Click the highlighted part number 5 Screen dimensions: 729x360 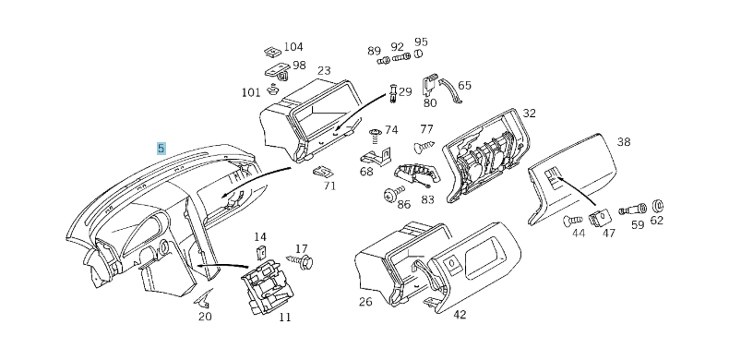pyautogui.click(x=161, y=149)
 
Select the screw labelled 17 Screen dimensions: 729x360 pyautogui.click(x=300, y=261)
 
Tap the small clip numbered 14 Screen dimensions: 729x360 pyautogui.click(x=261, y=253)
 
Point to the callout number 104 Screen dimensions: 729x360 pyautogui.click(x=293, y=47)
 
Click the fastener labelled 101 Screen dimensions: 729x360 pyautogui.click(x=272, y=89)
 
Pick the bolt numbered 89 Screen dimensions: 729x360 pyautogui.click(x=383, y=61)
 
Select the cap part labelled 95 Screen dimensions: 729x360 pyautogui.click(x=418, y=54)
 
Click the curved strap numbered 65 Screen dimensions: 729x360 pyautogui.click(x=450, y=90)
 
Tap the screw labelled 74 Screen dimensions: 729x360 pyautogui.click(x=376, y=137)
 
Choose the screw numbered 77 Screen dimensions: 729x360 pyautogui.click(x=424, y=147)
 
